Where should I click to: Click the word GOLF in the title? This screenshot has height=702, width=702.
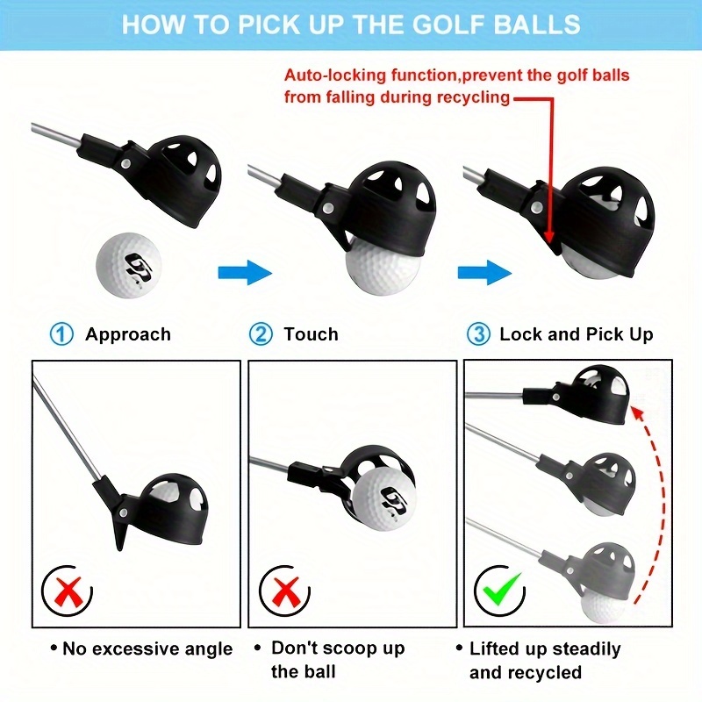(448, 25)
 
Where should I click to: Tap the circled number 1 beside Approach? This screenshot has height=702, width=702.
(61, 334)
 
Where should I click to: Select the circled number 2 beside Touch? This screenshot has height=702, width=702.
(261, 334)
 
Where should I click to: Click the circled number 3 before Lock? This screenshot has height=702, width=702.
(478, 334)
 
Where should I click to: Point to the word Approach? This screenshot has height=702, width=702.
(128, 334)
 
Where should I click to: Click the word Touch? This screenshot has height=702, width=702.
(312, 334)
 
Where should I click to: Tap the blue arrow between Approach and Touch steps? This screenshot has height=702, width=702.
(246, 272)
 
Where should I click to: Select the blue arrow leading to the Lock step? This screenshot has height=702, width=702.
(485, 272)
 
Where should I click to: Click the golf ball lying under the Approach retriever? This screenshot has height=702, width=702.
(128, 265)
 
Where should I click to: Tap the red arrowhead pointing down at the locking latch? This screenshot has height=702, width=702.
(550, 237)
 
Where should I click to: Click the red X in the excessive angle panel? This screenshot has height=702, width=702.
(68, 591)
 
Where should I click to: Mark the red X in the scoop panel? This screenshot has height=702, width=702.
(285, 591)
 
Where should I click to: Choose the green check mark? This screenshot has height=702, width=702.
(502, 588)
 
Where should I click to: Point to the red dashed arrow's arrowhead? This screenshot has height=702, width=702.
(637, 412)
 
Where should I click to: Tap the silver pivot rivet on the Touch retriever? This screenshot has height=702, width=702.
(329, 208)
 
